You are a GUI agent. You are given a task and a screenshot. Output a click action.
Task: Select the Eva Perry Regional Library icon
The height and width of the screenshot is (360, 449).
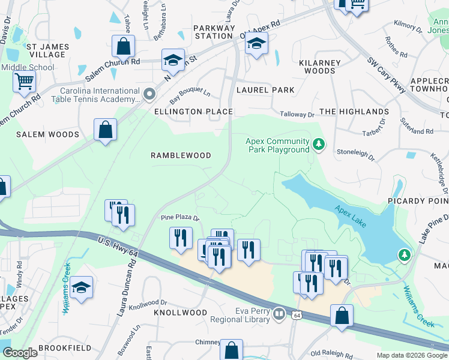[279, 314]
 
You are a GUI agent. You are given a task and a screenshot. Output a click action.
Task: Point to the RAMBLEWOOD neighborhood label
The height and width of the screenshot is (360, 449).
[181, 155]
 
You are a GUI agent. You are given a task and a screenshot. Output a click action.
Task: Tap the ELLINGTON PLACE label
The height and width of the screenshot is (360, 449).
[193, 112]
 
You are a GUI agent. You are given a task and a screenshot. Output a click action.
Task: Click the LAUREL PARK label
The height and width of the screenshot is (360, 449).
[265, 90]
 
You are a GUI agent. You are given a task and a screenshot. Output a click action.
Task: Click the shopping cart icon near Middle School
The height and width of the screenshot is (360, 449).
[24, 80]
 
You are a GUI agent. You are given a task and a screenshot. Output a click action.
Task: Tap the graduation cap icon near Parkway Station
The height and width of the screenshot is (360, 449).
[256, 44]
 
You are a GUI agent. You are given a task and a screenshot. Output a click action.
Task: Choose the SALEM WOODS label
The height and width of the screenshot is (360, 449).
[47, 134]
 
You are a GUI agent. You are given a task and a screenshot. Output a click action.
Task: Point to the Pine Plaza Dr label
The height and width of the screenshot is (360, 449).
[179, 217]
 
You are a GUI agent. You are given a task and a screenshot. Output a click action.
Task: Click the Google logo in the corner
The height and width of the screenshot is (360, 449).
[20, 353]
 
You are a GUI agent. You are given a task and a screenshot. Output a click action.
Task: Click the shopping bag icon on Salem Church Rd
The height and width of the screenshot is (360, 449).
[123, 46]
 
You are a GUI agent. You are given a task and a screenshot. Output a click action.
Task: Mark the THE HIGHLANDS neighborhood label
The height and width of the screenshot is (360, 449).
[354, 112]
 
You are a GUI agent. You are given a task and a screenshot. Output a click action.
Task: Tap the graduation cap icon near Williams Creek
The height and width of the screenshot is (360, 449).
[81, 288]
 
